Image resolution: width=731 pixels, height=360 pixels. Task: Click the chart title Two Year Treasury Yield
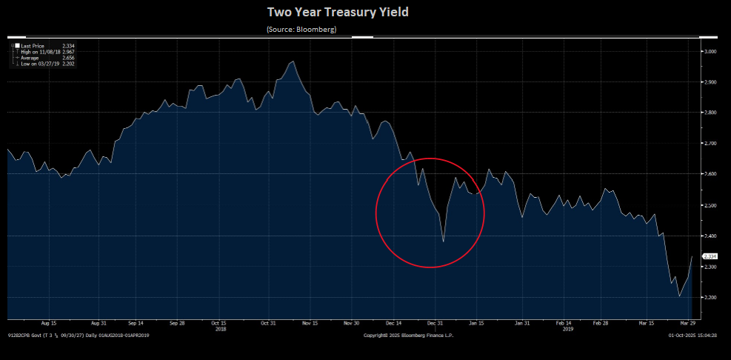click(347, 12)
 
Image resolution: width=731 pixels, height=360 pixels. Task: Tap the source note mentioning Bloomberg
click(301, 29)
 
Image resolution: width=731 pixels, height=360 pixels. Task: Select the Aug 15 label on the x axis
click(50, 323)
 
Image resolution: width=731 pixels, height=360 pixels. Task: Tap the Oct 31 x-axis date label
click(267, 323)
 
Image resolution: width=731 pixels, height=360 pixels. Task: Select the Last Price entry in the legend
click(33, 46)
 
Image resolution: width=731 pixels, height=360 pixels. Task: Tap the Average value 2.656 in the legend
click(69, 58)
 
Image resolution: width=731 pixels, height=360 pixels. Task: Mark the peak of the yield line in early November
click(293, 61)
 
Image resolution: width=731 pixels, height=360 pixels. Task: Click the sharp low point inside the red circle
click(443, 241)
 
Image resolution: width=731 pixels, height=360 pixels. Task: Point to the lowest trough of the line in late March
click(680, 296)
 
